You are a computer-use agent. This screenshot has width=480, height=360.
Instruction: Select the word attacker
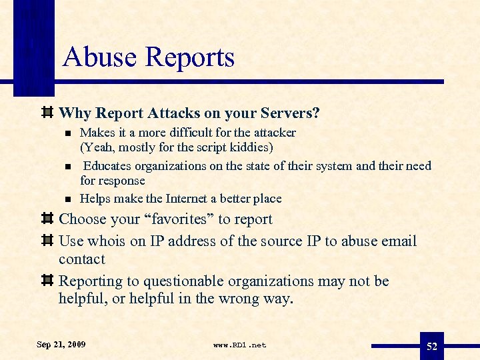[273, 132]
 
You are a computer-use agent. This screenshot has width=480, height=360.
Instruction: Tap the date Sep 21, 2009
[61, 344]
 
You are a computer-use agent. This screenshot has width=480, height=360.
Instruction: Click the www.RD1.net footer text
[239, 345]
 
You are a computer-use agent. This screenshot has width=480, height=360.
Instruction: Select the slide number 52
[432, 345]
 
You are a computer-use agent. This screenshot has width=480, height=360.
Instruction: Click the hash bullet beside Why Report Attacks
[47, 113]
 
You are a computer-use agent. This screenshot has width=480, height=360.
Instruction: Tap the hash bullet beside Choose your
[47, 219]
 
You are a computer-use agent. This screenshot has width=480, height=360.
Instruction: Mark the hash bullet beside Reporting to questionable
[47, 281]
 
